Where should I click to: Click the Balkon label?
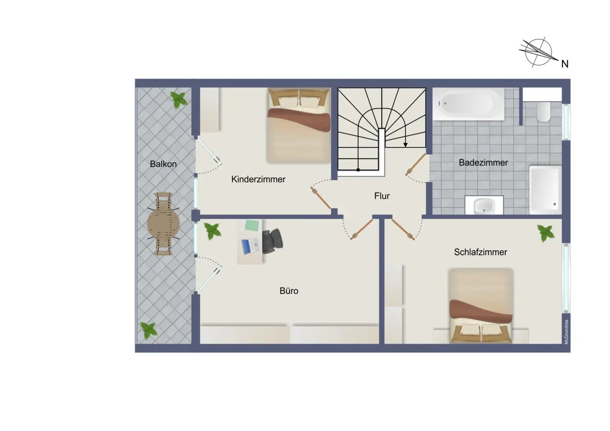[163, 164]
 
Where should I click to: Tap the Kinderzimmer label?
[258, 179]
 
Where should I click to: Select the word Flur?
[382, 196]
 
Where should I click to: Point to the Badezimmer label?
[483, 163]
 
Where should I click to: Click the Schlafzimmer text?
[480, 252]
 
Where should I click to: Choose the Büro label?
[289, 291]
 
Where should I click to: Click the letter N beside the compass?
[564, 64]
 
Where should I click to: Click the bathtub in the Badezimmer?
[468, 104]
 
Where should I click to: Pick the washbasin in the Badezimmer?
[484, 206]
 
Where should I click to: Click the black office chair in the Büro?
[272, 241]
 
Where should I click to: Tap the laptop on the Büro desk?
[250, 246]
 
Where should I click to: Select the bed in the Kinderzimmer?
[299, 125]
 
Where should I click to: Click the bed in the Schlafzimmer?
[481, 306]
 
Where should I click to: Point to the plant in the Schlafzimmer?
[546, 233]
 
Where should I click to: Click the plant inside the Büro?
[212, 231]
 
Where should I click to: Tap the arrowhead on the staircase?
[405, 144]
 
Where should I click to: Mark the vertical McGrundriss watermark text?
[566, 332]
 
